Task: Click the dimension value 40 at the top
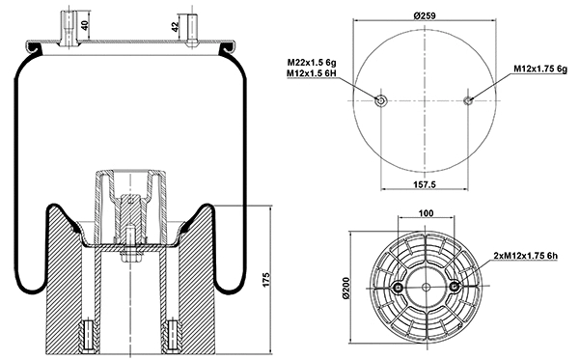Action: (x=84, y=25)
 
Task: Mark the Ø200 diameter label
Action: (x=344, y=287)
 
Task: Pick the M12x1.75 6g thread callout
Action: (x=540, y=69)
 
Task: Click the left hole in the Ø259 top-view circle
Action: (x=382, y=100)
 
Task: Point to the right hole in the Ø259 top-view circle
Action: (x=468, y=100)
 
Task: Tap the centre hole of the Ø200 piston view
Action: (x=426, y=287)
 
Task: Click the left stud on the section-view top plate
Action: (x=69, y=25)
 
